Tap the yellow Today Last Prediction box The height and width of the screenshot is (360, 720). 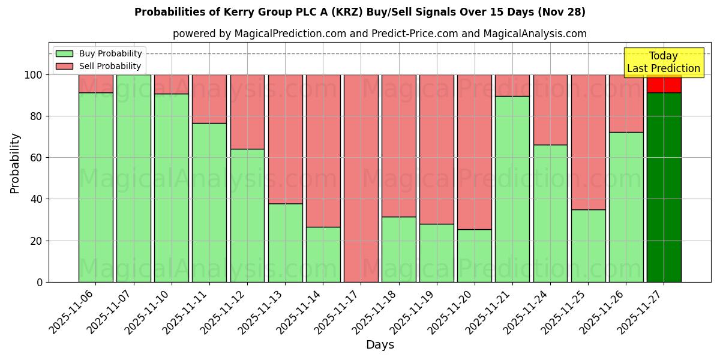pos(663,62)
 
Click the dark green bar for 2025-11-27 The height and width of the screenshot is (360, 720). pos(664,187)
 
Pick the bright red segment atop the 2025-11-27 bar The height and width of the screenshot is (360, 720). pos(664,84)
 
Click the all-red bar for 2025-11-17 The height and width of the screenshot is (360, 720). pos(361,178)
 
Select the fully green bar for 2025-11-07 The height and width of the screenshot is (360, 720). pos(133,178)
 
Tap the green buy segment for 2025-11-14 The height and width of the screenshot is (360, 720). pos(323,254)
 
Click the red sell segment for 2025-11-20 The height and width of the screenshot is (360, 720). pos(475,152)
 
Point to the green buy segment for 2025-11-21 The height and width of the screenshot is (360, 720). pos(512,189)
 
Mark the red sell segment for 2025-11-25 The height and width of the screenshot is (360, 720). pos(588,142)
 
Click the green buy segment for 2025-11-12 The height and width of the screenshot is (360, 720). pos(247,215)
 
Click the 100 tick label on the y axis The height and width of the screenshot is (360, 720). pos(34,75)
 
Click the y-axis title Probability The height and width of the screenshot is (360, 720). pos(15,163)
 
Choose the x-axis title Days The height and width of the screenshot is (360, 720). pos(380,345)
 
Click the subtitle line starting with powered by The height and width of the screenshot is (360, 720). pos(379,34)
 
